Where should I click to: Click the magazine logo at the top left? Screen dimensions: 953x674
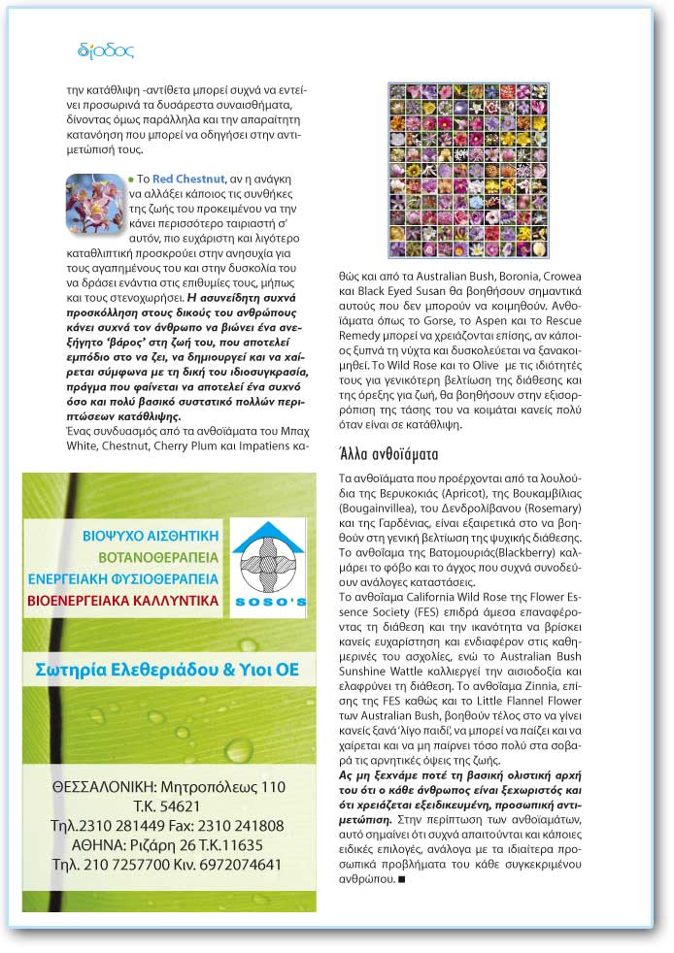click(x=105, y=50)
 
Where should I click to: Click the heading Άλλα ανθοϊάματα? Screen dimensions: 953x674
click(x=388, y=452)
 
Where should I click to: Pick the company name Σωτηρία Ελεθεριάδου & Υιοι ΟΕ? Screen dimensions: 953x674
click(x=167, y=671)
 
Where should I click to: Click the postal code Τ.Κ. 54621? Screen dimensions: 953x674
click(x=167, y=805)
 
